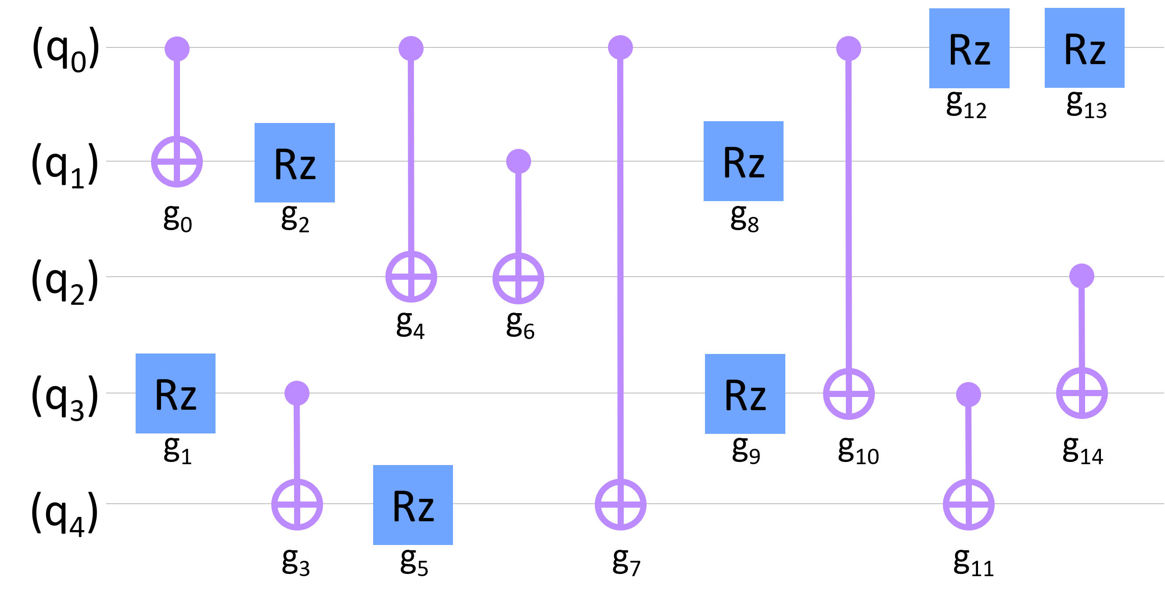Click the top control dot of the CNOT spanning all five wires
(620, 47)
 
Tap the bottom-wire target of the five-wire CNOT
(620, 504)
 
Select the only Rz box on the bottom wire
(413, 505)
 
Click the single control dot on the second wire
(518, 162)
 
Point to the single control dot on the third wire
(1081, 276)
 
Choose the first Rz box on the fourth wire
(176, 393)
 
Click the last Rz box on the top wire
(1084, 48)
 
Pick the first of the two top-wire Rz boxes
(969, 48)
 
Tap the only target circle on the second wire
(177, 162)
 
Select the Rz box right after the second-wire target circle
(295, 162)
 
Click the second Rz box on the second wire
(744, 161)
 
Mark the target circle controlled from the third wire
(1081, 393)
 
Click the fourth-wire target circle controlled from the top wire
(849, 393)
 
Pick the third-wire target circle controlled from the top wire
(411, 276)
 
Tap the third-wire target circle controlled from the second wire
(518, 278)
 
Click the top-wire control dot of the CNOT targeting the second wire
(177, 48)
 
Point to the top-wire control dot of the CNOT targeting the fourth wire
(849, 48)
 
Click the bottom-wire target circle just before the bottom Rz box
(297, 504)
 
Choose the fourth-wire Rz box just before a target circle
(745, 393)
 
